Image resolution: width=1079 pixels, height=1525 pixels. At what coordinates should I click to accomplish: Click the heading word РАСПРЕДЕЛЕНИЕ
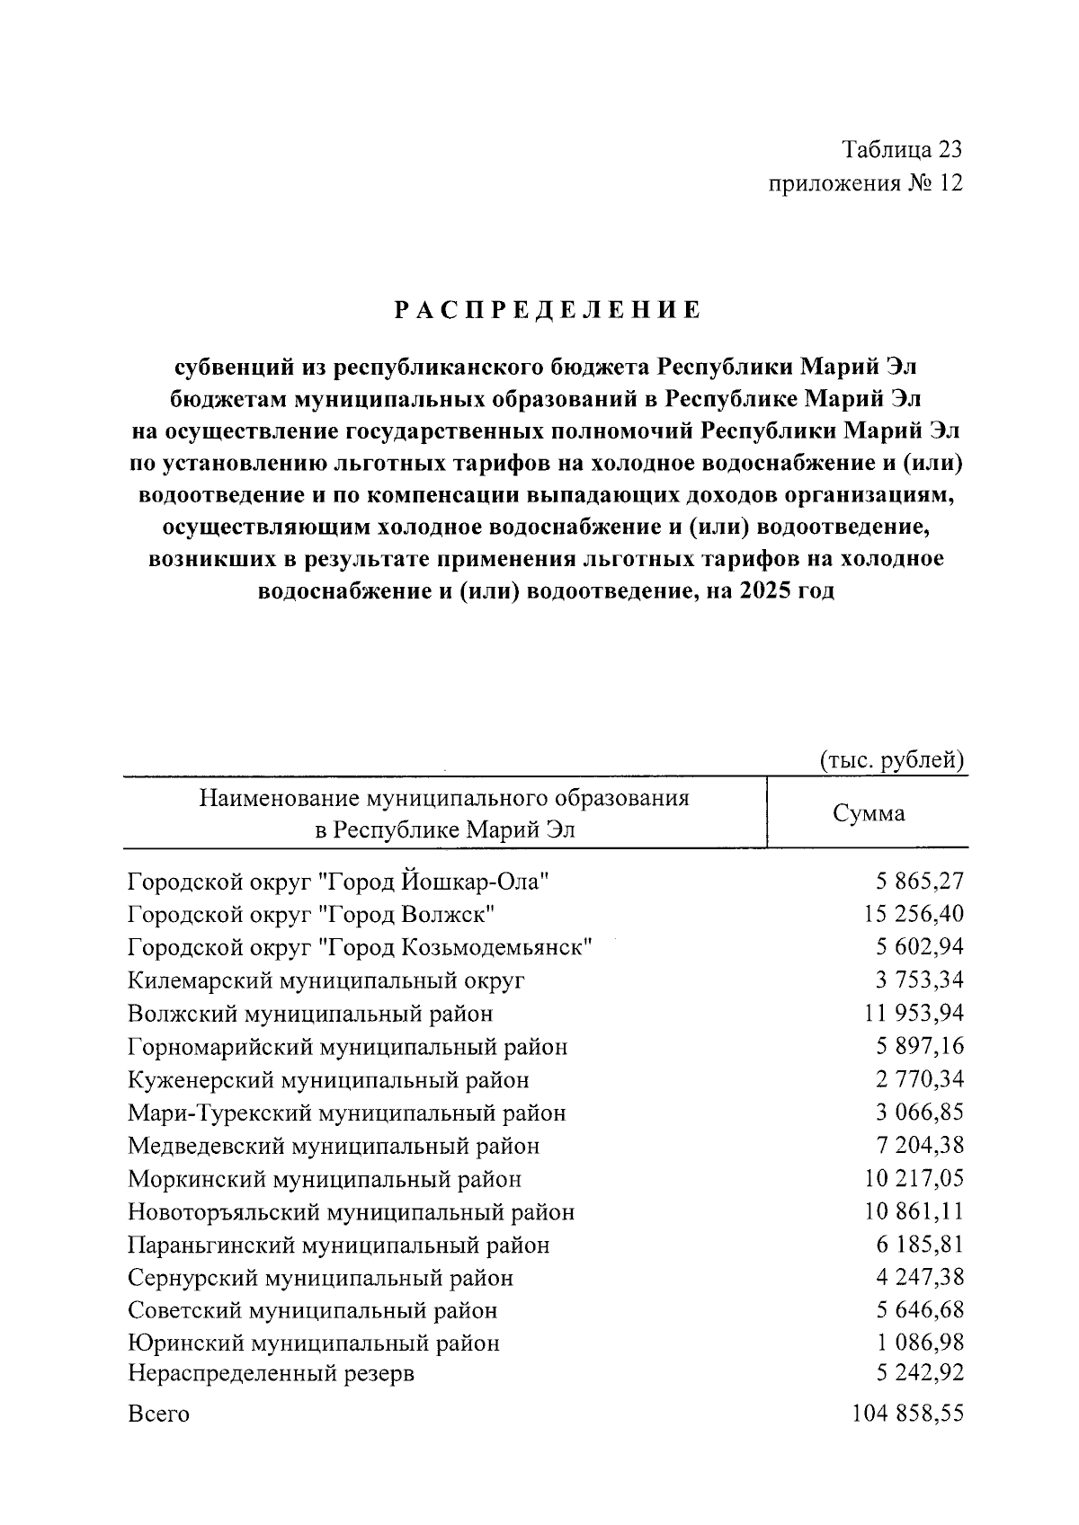(x=548, y=311)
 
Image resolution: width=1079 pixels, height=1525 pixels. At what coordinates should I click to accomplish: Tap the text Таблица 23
(x=902, y=149)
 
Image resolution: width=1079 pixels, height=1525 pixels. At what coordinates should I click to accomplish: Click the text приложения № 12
(x=865, y=184)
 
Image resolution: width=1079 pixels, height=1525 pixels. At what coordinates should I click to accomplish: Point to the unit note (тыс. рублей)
(x=892, y=760)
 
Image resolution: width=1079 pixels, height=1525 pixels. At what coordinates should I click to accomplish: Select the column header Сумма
(x=868, y=813)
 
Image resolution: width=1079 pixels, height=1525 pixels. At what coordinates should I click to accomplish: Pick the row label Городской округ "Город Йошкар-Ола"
(x=338, y=882)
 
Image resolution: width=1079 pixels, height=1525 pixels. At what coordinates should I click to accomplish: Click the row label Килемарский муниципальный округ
(x=326, y=980)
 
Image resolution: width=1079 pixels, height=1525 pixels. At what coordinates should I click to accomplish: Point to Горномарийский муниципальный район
(x=348, y=1047)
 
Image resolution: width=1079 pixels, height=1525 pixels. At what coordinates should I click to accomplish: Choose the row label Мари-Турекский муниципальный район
(x=347, y=1113)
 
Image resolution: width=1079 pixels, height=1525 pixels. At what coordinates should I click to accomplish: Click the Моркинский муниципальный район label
(x=325, y=1179)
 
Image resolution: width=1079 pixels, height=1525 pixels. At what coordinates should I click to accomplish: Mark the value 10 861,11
(x=914, y=1211)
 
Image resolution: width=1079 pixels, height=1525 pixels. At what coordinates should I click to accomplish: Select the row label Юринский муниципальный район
(x=314, y=1343)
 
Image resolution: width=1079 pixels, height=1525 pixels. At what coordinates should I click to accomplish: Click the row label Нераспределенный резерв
(x=272, y=1374)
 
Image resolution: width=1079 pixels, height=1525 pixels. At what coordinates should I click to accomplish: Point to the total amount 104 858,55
(x=907, y=1413)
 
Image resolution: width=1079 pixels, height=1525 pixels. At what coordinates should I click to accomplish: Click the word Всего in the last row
(x=159, y=1414)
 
